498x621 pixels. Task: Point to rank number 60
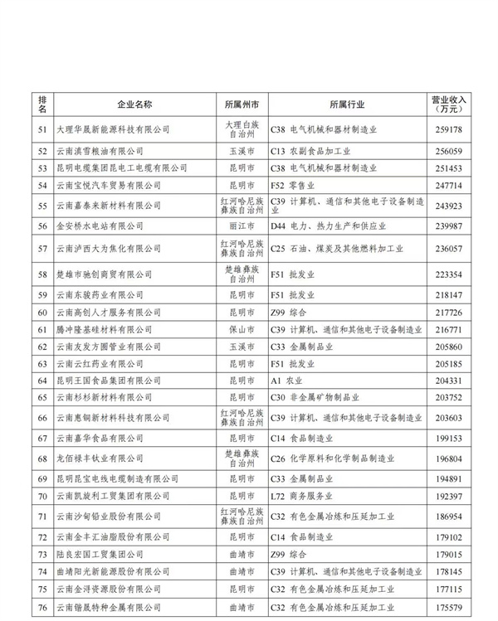(x=43, y=313)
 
